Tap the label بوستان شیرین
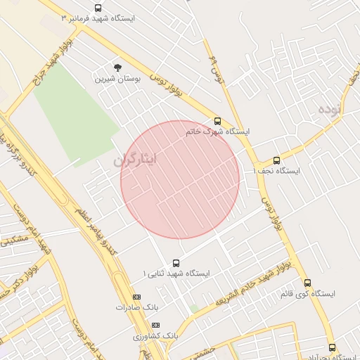click(118, 79)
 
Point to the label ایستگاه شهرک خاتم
click(218, 131)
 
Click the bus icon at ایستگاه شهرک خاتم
click(217, 120)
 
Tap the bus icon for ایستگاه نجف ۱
click(276, 160)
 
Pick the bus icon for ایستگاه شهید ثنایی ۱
click(176, 263)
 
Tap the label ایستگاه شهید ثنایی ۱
click(176, 273)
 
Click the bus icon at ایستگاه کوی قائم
click(307, 283)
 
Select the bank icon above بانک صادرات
click(136, 297)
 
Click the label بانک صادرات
click(138, 307)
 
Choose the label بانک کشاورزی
click(154, 336)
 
